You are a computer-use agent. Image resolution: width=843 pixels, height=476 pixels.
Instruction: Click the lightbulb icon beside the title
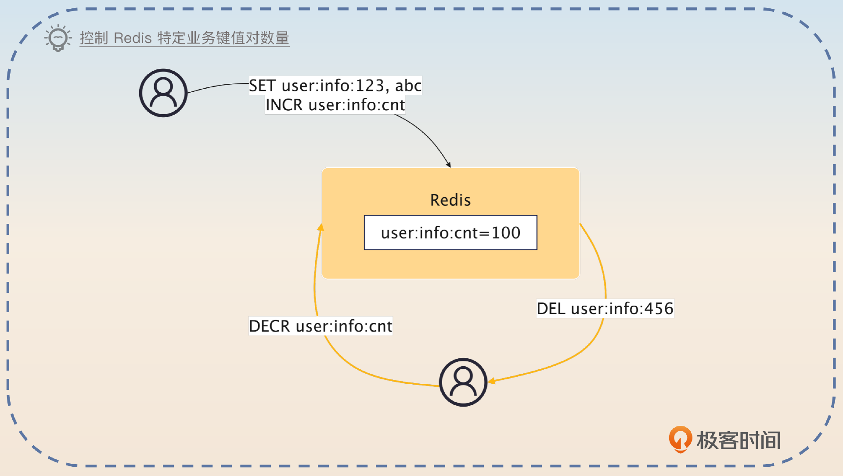coord(58,38)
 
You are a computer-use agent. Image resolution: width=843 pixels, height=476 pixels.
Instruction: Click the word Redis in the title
coord(133,38)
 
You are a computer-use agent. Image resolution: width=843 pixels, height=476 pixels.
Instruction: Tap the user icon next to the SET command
coord(163,93)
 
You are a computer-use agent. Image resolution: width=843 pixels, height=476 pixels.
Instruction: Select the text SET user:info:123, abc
coord(335,86)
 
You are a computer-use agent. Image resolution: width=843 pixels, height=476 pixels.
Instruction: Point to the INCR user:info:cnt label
coord(335,105)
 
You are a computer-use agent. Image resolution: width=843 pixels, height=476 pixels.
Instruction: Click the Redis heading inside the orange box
coord(450,200)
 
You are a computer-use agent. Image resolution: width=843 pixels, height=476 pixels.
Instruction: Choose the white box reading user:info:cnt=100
coord(450,233)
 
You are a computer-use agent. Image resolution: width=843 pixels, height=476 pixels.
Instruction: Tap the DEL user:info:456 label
coord(605,309)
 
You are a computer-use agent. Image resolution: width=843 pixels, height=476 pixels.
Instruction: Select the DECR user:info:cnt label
coord(321,326)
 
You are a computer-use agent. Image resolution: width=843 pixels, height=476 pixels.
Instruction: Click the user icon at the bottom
coord(463,382)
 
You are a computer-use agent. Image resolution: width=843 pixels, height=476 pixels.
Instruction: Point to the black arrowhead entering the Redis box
coord(449,165)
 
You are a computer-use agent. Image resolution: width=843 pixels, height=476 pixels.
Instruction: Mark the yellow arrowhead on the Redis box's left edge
coord(321,227)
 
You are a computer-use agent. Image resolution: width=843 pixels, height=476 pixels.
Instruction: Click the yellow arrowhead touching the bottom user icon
coord(492,381)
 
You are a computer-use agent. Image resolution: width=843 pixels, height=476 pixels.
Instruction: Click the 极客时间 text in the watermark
coord(739,440)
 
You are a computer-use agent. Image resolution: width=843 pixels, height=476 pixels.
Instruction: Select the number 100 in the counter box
coord(506,233)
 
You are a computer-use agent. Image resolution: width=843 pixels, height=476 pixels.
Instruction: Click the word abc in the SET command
coord(408,86)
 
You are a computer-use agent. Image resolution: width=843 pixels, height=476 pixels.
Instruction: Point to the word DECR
coord(269,326)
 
